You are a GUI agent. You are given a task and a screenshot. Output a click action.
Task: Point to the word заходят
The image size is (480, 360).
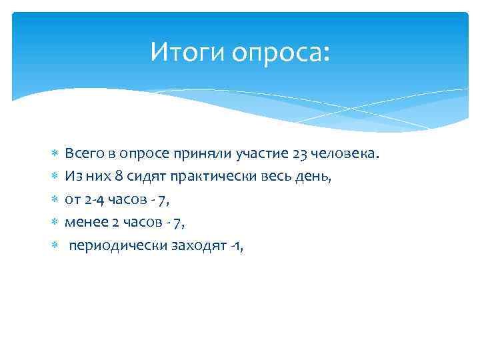[x=193, y=245]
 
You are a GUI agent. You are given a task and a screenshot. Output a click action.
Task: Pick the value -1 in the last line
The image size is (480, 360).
[x=233, y=245]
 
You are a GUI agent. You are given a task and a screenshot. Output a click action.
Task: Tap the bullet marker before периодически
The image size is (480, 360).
[x=55, y=245]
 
